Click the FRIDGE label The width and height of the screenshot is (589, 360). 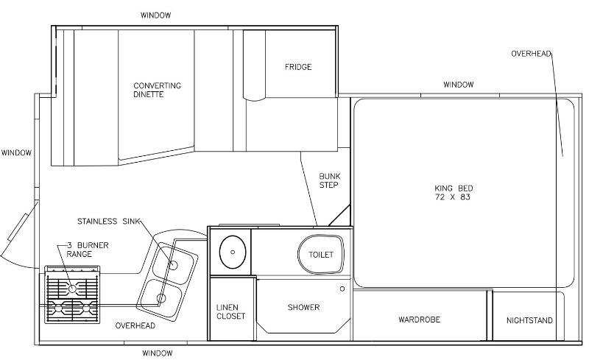(298, 67)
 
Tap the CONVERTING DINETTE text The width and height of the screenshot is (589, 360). (157, 90)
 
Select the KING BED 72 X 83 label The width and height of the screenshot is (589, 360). (454, 192)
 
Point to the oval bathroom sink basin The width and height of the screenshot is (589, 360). (233, 252)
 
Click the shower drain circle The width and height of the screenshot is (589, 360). (342, 289)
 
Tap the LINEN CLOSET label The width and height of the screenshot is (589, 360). (230, 312)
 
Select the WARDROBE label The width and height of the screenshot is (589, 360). (419, 320)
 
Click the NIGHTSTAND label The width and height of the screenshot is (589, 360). (529, 320)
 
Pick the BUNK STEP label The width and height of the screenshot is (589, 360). (329, 180)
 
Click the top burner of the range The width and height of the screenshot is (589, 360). (72, 289)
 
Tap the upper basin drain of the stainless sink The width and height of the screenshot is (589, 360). (173, 265)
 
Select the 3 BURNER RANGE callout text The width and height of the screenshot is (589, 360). (88, 250)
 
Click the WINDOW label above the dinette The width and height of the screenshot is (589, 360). (155, 15)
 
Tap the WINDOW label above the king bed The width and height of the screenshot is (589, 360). (458, 85)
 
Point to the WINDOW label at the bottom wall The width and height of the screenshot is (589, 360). (158, 353)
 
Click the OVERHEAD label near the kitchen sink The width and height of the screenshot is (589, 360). (135, 326)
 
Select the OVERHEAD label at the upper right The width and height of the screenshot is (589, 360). (531, 54)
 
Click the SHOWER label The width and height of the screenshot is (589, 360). (303, 308)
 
